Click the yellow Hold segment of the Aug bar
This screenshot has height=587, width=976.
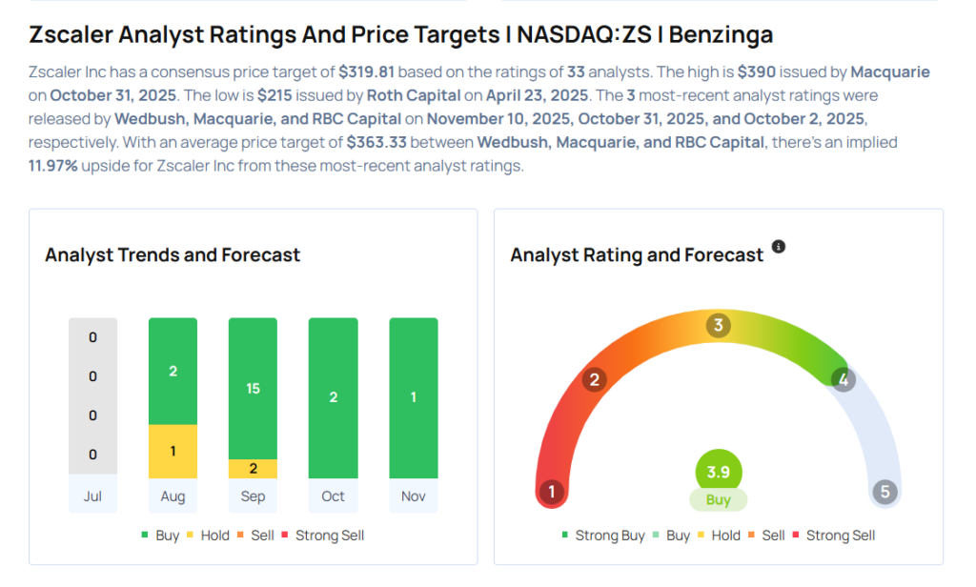point(173,451)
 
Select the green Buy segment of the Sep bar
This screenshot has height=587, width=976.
point(253,389)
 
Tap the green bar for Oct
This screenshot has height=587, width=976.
point(333,397)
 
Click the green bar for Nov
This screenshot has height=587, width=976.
point(413,397)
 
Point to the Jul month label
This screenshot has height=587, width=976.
point(92,496)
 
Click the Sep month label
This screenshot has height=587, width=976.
point(253,496)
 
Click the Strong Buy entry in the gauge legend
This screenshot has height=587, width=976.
point(602,536)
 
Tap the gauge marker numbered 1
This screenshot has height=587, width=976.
point(551,492)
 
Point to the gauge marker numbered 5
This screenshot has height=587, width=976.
point(885,492)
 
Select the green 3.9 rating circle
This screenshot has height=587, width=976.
point(718,472)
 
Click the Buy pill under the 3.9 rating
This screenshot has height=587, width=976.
point(718,500)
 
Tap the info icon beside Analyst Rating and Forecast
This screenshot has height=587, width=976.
point(779,247)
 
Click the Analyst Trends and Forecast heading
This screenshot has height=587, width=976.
point(173,254)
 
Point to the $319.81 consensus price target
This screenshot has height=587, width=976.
point(368,72)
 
